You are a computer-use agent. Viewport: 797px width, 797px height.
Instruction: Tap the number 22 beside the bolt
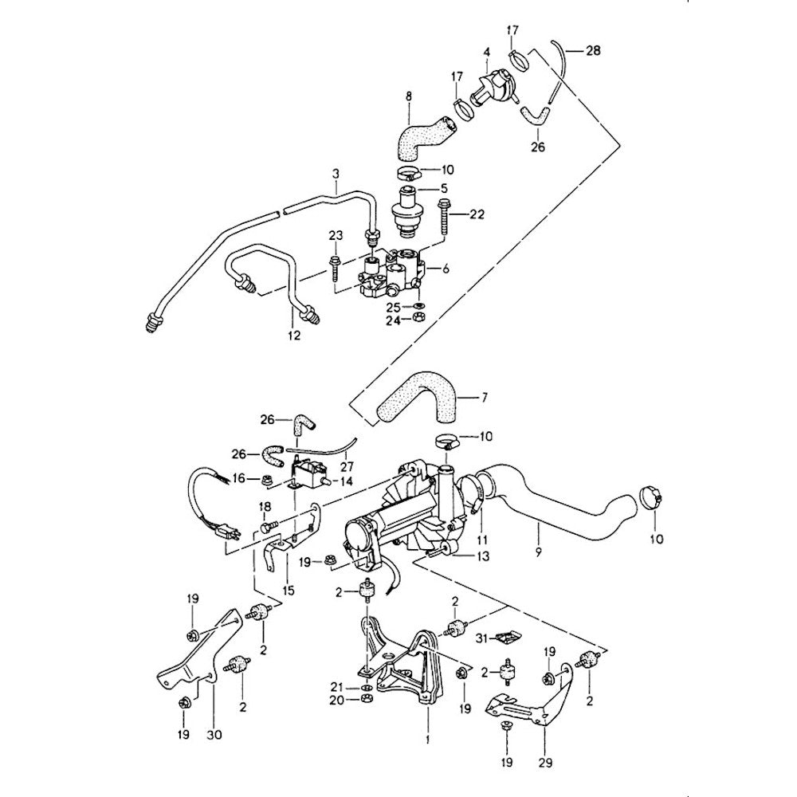pyautogui.click(x=477, y=214)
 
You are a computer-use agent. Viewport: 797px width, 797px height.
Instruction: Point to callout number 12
pyautogui.click(x=294, y=336)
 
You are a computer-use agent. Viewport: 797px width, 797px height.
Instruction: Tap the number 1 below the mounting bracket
pyautogui.click(x=427, y=740)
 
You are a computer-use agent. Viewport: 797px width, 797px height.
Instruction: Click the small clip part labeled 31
pyautogui.click(x=505, y=635)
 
